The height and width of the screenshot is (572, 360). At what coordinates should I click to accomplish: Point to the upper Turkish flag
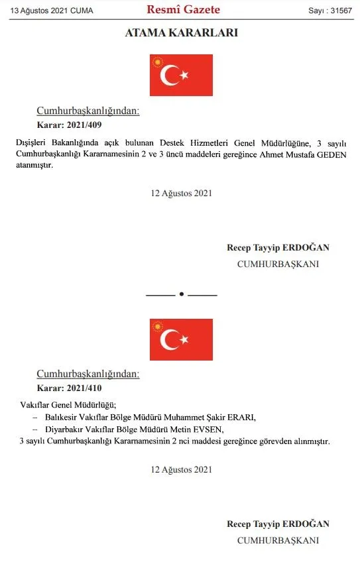click(x=181, y=75)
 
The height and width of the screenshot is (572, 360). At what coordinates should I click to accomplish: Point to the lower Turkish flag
click(x=181, y=339)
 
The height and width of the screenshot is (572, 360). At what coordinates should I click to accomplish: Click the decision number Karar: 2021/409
click(x=69, y=124)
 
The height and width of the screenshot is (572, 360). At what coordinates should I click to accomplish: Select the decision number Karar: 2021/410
click(x=69, y=388)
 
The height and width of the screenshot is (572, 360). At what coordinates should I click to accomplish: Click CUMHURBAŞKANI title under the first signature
click(x=278, y=264)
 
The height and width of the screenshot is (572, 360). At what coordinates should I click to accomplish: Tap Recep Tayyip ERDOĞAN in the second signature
click(x=278, y=524)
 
